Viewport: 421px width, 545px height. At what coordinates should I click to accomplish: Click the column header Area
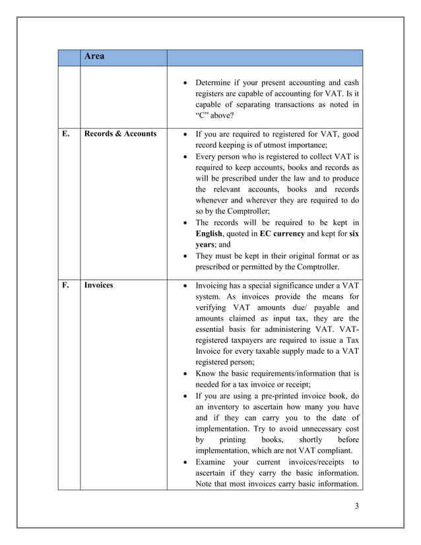94,57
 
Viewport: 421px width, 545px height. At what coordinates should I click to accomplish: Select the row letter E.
66,134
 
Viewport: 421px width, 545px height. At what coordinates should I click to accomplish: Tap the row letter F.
66,285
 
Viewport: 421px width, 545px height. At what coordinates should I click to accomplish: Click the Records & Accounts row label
120,134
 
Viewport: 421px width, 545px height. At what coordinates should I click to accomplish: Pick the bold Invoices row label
98,285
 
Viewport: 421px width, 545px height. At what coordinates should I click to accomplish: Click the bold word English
209,234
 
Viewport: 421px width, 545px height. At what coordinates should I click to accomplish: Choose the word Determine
216,82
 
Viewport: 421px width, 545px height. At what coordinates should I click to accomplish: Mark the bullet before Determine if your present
185,83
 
